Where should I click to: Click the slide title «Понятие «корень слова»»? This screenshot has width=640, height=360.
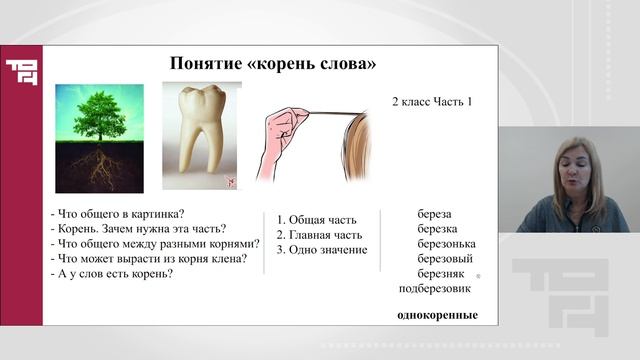(273, 65)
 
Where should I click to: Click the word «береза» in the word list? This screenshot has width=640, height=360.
(434, 214)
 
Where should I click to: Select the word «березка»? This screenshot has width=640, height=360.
(436, 229)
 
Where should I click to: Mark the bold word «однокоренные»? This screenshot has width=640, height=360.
(437, 316)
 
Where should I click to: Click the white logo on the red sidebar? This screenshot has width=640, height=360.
(20, 73)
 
